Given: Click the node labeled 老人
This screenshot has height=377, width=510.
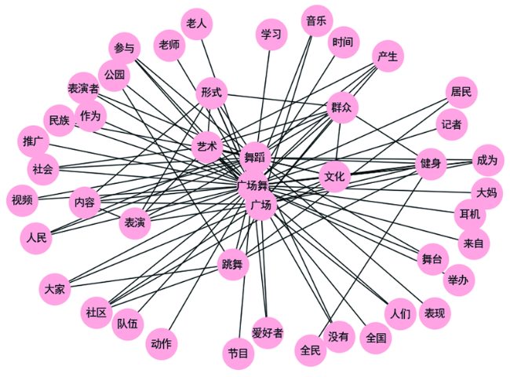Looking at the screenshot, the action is (196, 24).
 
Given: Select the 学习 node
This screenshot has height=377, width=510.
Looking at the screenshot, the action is (271, 35).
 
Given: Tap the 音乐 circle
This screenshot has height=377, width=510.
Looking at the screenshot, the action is (317, 21).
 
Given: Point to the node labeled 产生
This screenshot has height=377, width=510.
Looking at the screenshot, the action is (388, 57).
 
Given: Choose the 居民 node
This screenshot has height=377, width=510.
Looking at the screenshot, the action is (461, 93).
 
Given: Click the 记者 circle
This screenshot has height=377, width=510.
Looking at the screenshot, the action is (451, 124).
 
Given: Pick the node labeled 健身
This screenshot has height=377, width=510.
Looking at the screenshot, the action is (431, 163).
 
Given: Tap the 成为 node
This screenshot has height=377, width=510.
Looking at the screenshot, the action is (487, 160).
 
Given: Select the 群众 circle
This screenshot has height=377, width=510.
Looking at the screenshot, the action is (341, 108).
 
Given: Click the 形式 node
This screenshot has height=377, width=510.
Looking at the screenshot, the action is (211, 93).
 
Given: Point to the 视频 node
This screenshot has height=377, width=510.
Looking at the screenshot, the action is (22, 200).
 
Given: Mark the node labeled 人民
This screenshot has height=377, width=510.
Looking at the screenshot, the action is (36, 238).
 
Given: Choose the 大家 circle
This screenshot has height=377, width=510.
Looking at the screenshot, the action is (55, 289).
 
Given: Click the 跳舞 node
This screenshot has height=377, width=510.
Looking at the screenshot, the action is (233, 265).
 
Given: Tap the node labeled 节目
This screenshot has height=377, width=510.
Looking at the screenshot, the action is (238, 353).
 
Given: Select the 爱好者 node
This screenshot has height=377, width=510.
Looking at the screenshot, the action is (268, 333).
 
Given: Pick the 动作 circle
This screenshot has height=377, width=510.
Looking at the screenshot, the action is (162, 344).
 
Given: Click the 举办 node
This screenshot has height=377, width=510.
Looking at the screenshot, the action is (459, 280).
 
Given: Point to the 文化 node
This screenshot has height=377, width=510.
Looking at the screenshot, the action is (334, 177).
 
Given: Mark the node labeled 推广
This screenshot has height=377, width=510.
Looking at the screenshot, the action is (33, 141).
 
